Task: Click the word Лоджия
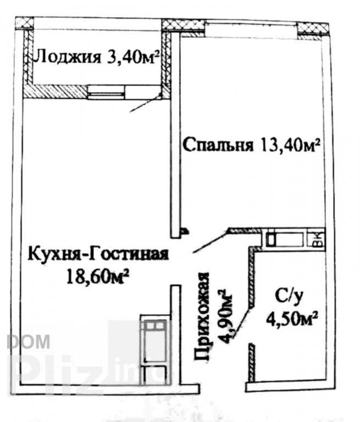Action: [x=67, y=57]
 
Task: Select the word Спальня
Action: [x=218, y=145]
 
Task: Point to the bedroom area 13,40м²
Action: [x=290, y=145]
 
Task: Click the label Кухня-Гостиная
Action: [x=98, y=254]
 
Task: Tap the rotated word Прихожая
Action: [x=202, y=316]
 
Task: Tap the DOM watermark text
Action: [x=29, y=342]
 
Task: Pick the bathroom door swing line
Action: [x=242, y=323]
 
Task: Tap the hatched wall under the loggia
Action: [x=55, y=92]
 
